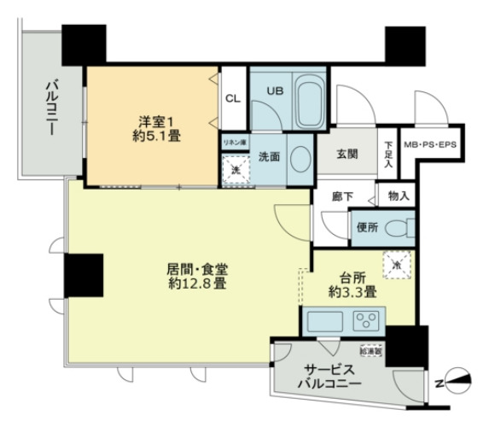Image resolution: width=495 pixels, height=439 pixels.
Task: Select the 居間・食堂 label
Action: pos(196,268)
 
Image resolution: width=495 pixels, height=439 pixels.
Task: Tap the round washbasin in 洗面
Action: pos(300,159)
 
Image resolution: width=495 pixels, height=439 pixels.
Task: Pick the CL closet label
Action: pos(232,98)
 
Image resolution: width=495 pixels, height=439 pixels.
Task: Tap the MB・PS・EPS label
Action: pos(429,144)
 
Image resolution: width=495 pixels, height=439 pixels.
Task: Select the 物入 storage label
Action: pos(398,196)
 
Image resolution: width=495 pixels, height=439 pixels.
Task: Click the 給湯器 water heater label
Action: pos(371,351)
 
